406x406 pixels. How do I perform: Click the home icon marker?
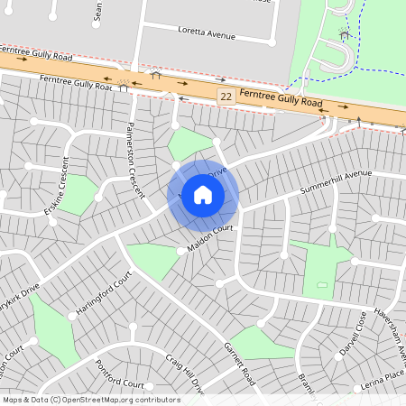(x=203, y=195)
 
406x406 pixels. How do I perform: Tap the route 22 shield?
(x=226, y=95)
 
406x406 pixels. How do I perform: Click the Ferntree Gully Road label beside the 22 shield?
(x=281, y=99)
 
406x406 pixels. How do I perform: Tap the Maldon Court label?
(x=210, y=239)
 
